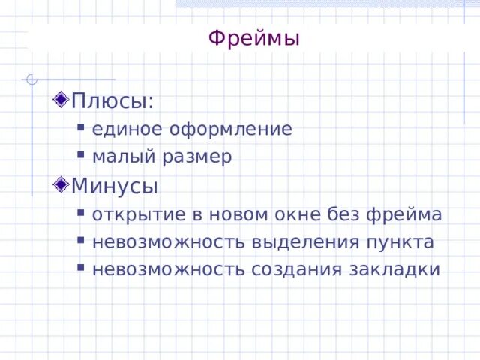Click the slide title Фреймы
(x=253, y=37)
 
